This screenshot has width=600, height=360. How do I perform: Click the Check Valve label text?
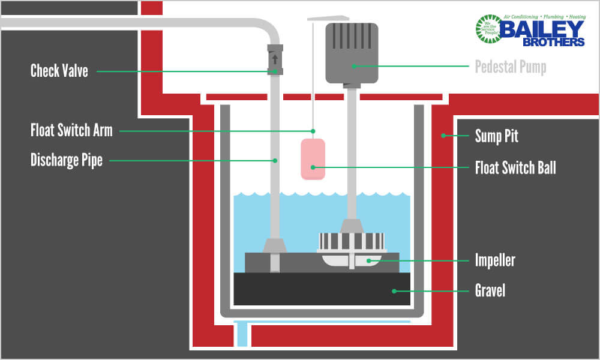59,71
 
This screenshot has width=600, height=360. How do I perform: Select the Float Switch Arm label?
71,130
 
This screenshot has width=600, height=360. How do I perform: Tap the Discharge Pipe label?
67,160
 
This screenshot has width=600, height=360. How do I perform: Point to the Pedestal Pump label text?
511,67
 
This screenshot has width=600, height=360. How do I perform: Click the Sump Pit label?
496,136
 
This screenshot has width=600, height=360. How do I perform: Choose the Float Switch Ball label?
515,167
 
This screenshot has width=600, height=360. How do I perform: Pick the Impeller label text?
495,260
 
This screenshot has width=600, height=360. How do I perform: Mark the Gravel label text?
490,291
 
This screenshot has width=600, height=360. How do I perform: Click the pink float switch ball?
313,159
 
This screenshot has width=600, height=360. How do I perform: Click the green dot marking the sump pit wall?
443,136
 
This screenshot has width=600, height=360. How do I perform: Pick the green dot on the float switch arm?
313,130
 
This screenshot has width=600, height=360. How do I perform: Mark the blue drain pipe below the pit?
241,334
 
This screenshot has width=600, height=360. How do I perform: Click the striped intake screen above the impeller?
352,241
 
